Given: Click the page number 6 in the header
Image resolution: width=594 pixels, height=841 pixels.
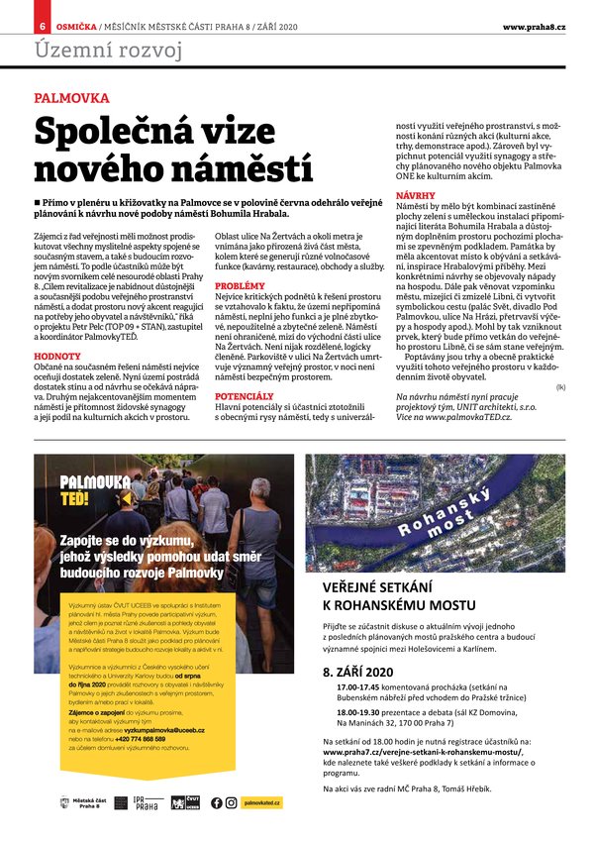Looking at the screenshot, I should click(43, 26).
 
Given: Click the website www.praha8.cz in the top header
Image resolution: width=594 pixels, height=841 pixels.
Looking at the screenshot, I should click(541, 26).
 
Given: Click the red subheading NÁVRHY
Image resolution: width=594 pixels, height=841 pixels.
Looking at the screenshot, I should click(416, 196).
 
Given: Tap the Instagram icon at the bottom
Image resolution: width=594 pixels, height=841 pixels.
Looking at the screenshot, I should click(231, 802).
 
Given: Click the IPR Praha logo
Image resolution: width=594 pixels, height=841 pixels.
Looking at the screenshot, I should click(147, 801).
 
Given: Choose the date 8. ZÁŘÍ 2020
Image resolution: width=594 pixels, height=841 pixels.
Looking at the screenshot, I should click(358, 672).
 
